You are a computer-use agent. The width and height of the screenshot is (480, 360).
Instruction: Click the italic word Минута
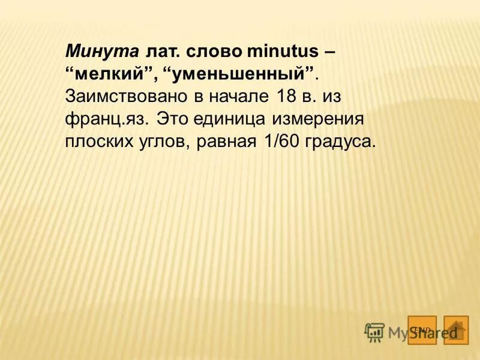(x=103, y=51)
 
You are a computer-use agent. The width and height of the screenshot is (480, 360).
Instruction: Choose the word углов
(x=164, y=142)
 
